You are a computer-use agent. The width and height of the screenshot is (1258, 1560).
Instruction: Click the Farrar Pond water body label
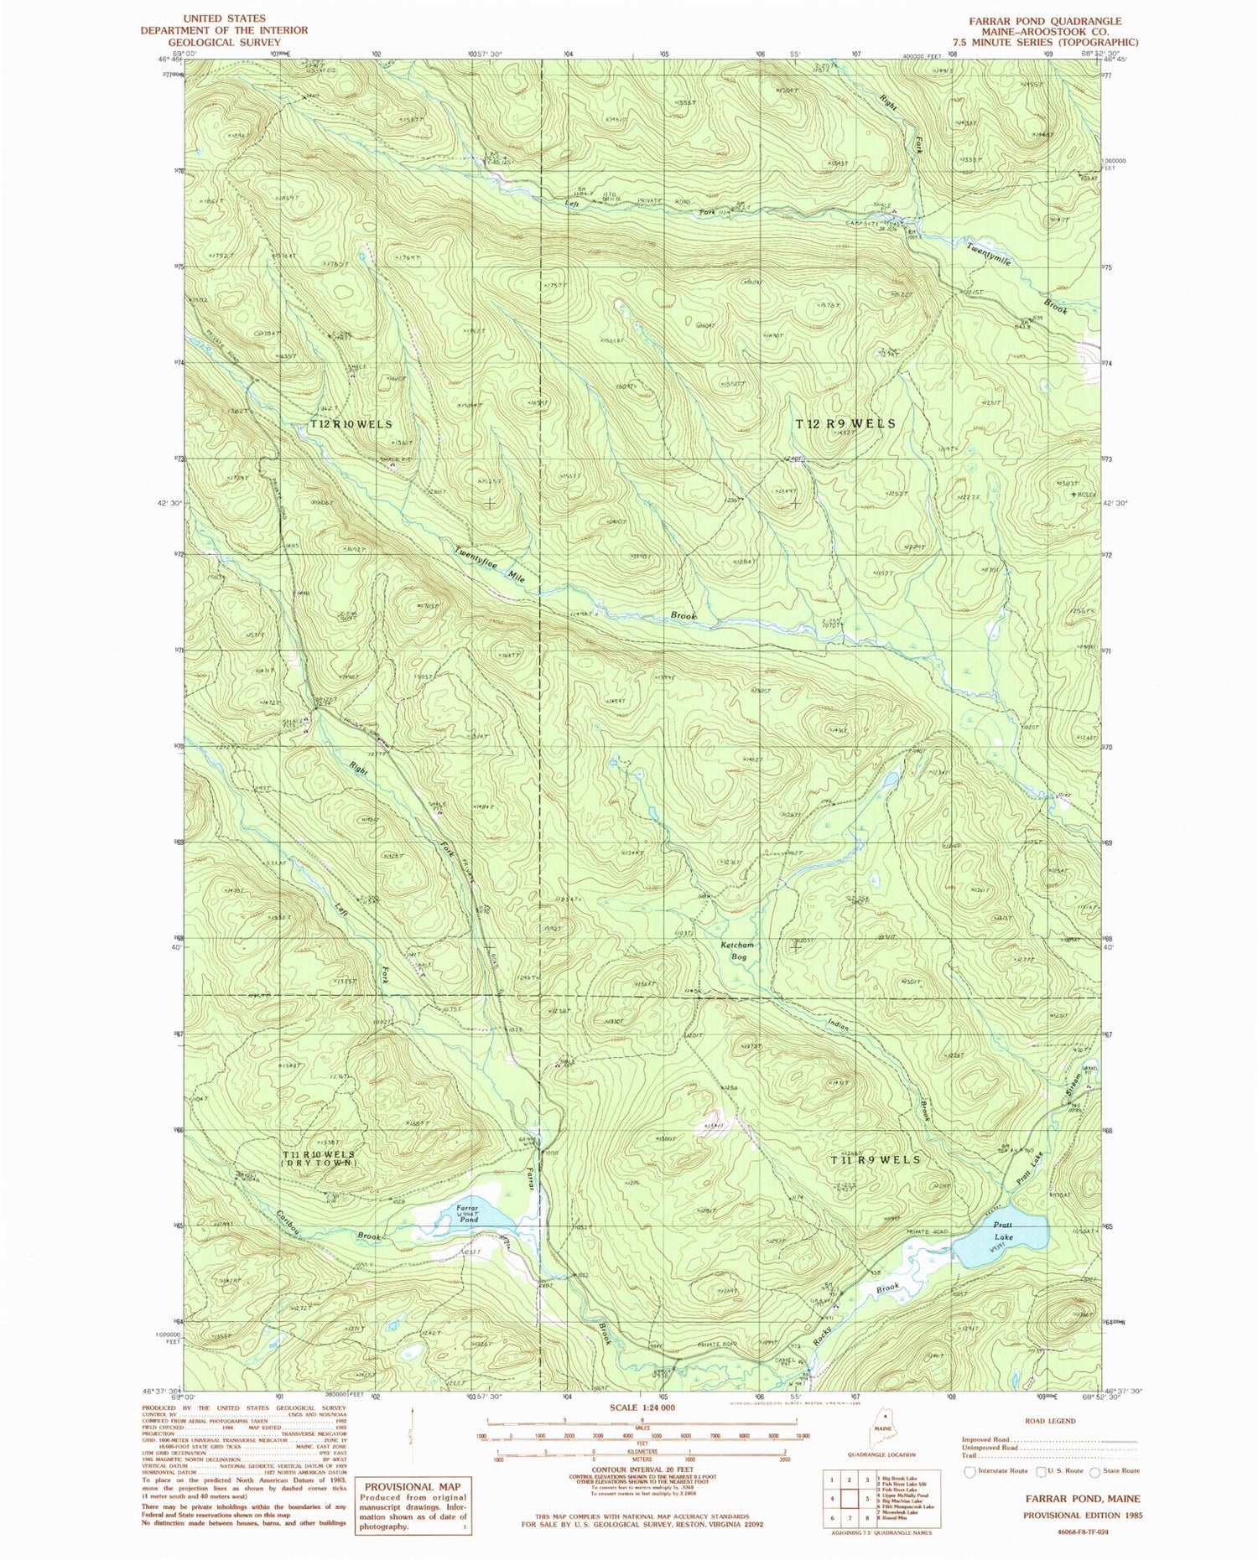[467, 1214]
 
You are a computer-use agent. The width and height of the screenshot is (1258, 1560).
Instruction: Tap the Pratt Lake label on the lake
[1003, 1231]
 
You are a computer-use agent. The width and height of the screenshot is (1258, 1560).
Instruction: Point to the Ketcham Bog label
[737, 950]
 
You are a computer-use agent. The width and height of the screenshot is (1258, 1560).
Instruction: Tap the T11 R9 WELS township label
[875, 1160]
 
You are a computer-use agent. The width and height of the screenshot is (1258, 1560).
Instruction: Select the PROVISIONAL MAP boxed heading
[411, 1486]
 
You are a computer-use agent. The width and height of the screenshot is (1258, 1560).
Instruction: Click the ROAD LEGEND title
[1049, 1421]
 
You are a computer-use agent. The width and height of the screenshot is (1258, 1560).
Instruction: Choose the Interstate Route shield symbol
[970, 1470]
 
